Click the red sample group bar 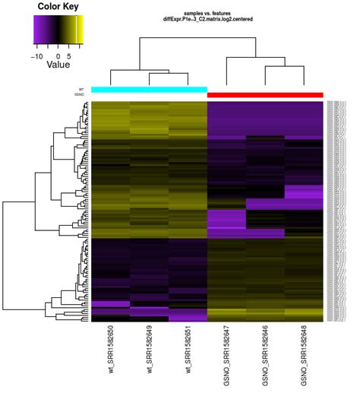[265, 94]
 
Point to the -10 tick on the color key [36, 55]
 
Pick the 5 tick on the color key [70, 55]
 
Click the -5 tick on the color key [47, 55]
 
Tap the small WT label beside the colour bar [81, 89]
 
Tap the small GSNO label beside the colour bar [79, 94]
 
